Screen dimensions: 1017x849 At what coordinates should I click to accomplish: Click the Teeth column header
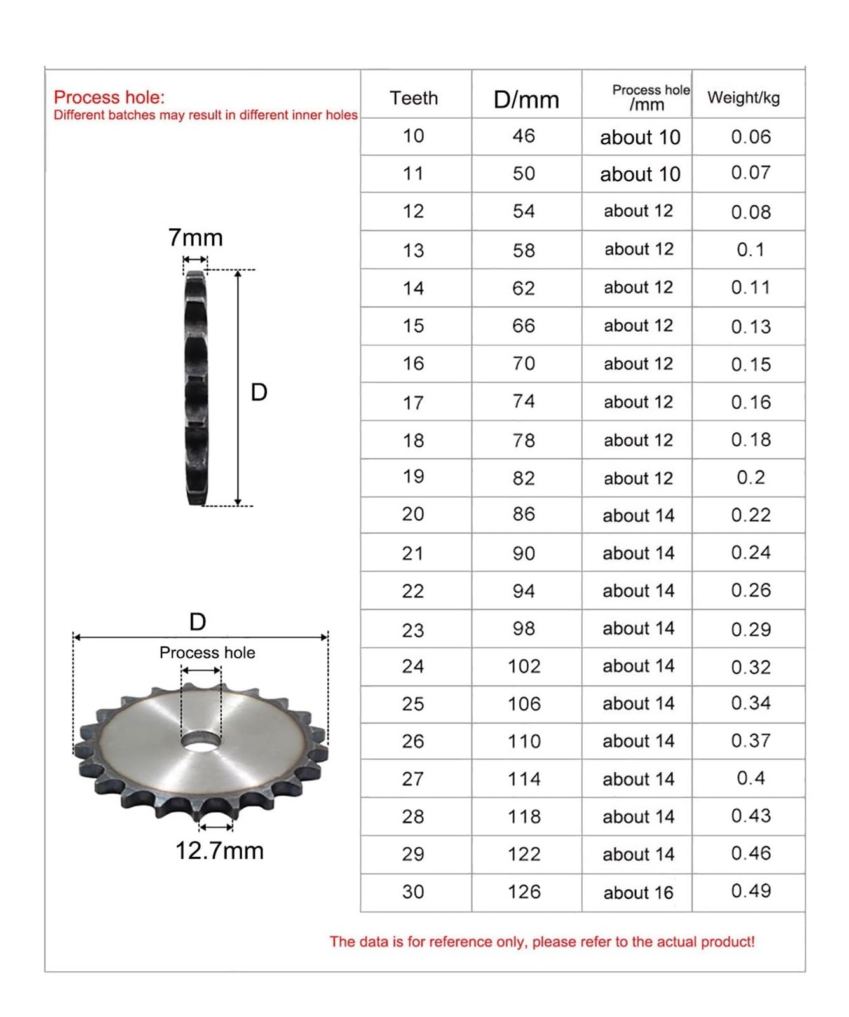[x=414, y=98]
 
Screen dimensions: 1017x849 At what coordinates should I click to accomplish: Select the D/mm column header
[x=526, y=100]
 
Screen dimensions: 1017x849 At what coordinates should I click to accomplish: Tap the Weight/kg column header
[x=744, y=97]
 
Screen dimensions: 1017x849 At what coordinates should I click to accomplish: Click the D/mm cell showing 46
[x=524, y=135]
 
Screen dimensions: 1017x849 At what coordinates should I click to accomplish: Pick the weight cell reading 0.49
[x=751, y=891]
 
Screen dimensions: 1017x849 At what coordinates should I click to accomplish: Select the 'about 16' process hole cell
[x=638, y=892]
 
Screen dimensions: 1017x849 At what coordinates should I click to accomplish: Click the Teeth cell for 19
[x=413, y=476]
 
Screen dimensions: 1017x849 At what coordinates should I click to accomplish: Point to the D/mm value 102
[x=524, y=666]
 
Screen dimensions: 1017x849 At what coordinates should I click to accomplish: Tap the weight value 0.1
[x=750, y=249]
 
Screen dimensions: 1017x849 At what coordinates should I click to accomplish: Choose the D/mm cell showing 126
[x=524, y=891]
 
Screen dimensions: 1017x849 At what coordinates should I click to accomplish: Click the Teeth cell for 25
[x=413, y=704]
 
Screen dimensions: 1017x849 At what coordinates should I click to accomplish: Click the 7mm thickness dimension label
[x=195, y=238]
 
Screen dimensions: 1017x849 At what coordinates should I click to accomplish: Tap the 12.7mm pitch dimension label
[x=219, y=850]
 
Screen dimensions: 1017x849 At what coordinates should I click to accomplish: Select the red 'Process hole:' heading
[x=109, y=97]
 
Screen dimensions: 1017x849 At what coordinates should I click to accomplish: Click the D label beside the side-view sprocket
[x=259, y=392]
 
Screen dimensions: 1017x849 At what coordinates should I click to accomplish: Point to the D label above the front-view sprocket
[x=198, y=622]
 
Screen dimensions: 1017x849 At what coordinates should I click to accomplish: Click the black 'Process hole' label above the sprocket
[x=207, y=652]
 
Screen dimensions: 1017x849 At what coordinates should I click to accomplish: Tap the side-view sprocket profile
[x=196, y=388]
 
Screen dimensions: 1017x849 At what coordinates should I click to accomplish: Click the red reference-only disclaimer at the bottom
[x=541, y=941]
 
